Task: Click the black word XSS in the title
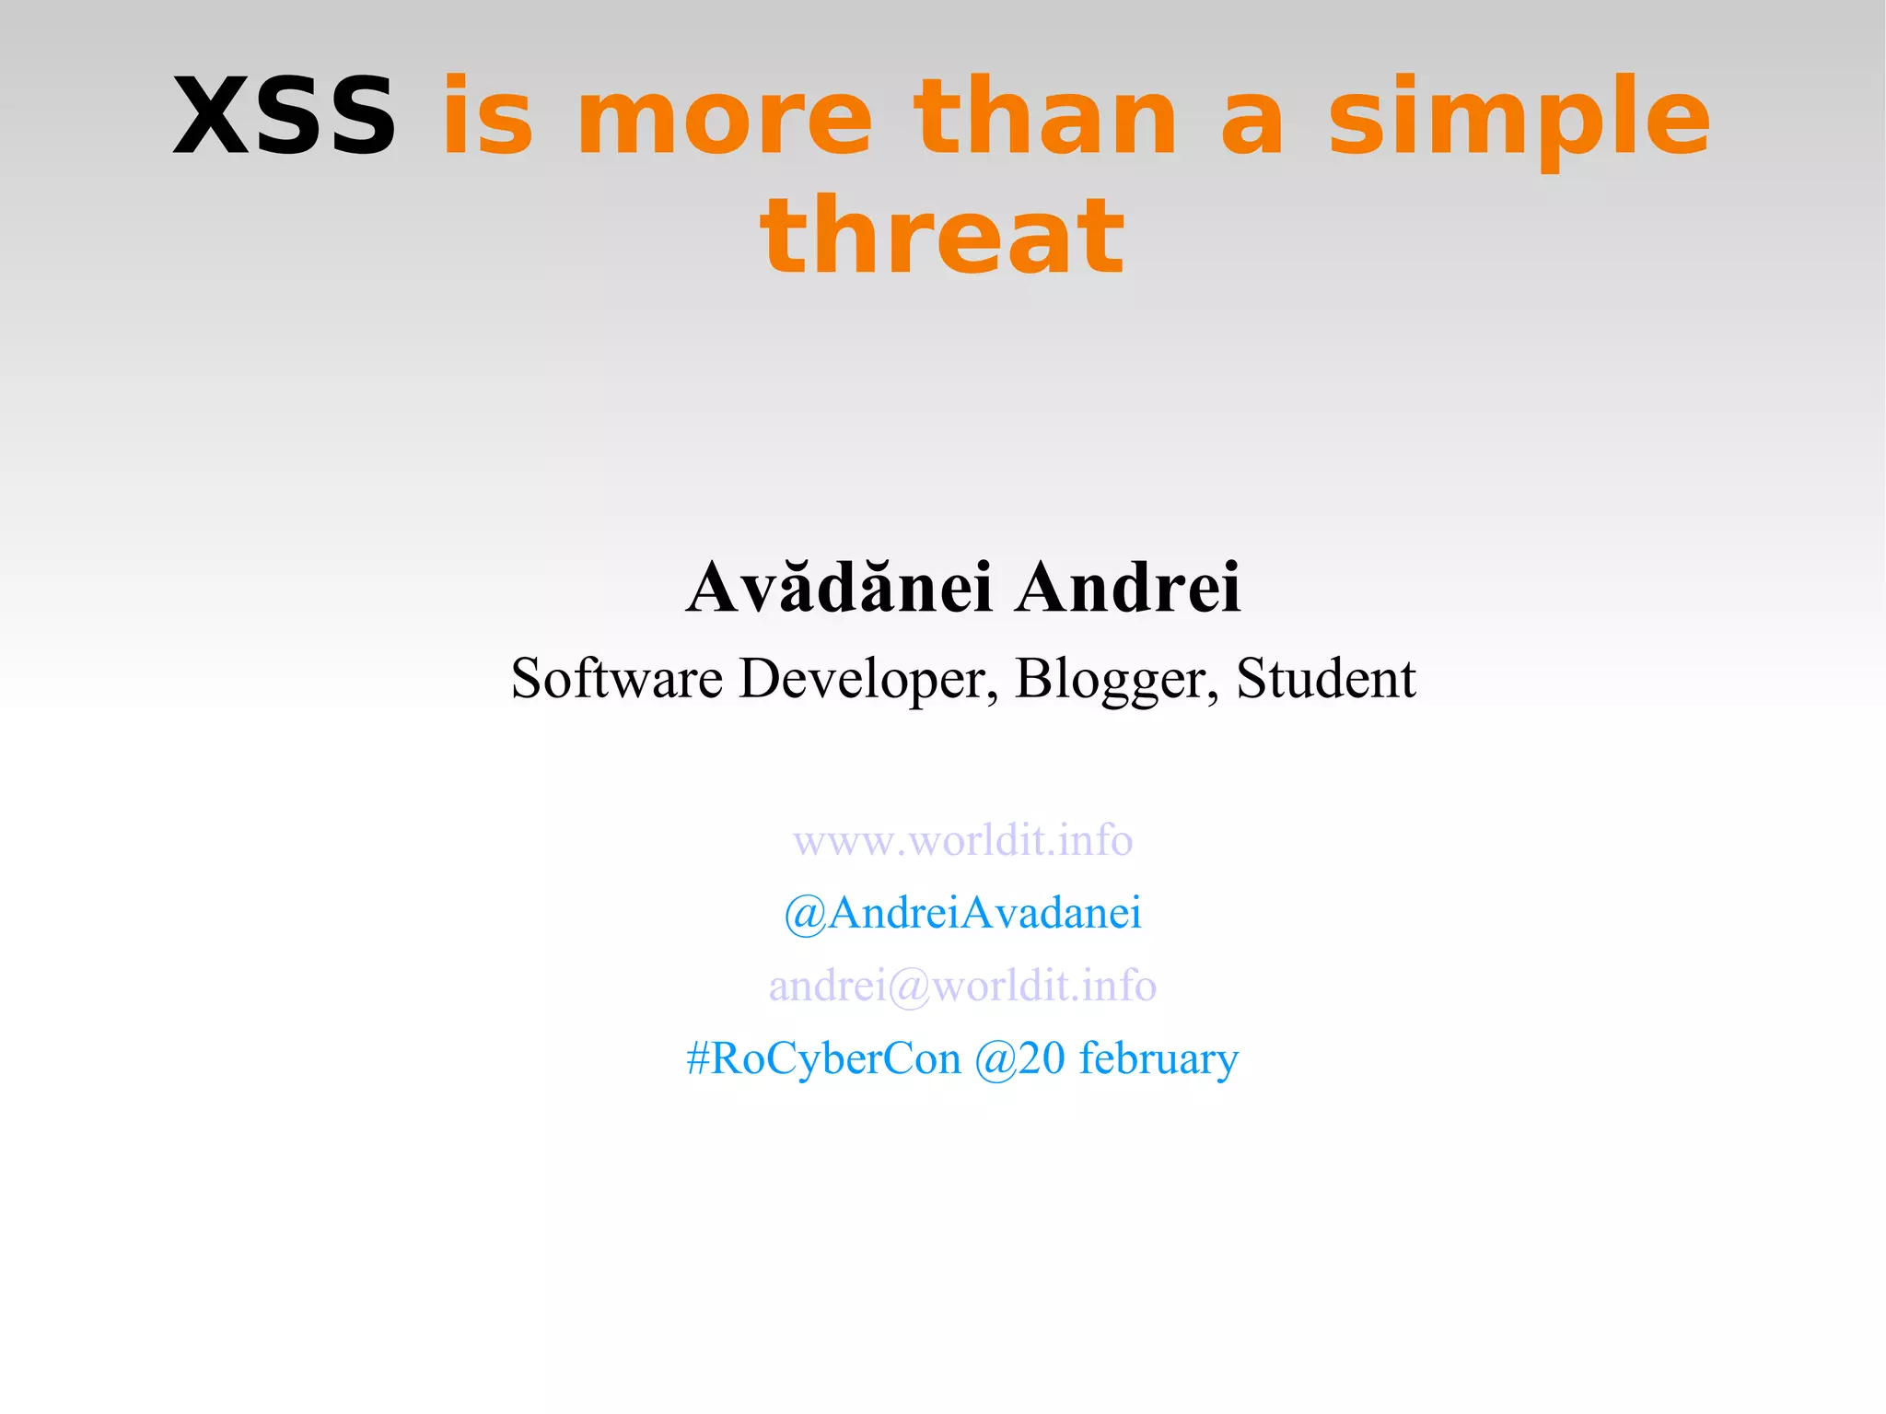pyautogui.click(x=284, y=118)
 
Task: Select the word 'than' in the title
pyautogui.click(x=1044, y=118)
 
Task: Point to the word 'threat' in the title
pyautogui.click(x=942, y=238)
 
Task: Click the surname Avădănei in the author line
pyautogui.click(x=839, y=587)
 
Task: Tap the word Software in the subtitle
pyautogui.click(x=616, y=679)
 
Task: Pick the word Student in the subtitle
pyautogui.click(x=1325, y=679)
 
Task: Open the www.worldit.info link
pyautogui.click(x=962, y=840)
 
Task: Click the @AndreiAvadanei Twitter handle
pyautogui.click(x=962, y=913)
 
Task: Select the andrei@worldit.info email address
pyautogui.click(x=962, y=986)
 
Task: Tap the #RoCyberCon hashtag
pyautogui.click(x=823, y=1058)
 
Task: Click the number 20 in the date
pyautogui.click(x=1042, y=1058)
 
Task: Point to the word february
pyautogui.click(x=1158, y=1058)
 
